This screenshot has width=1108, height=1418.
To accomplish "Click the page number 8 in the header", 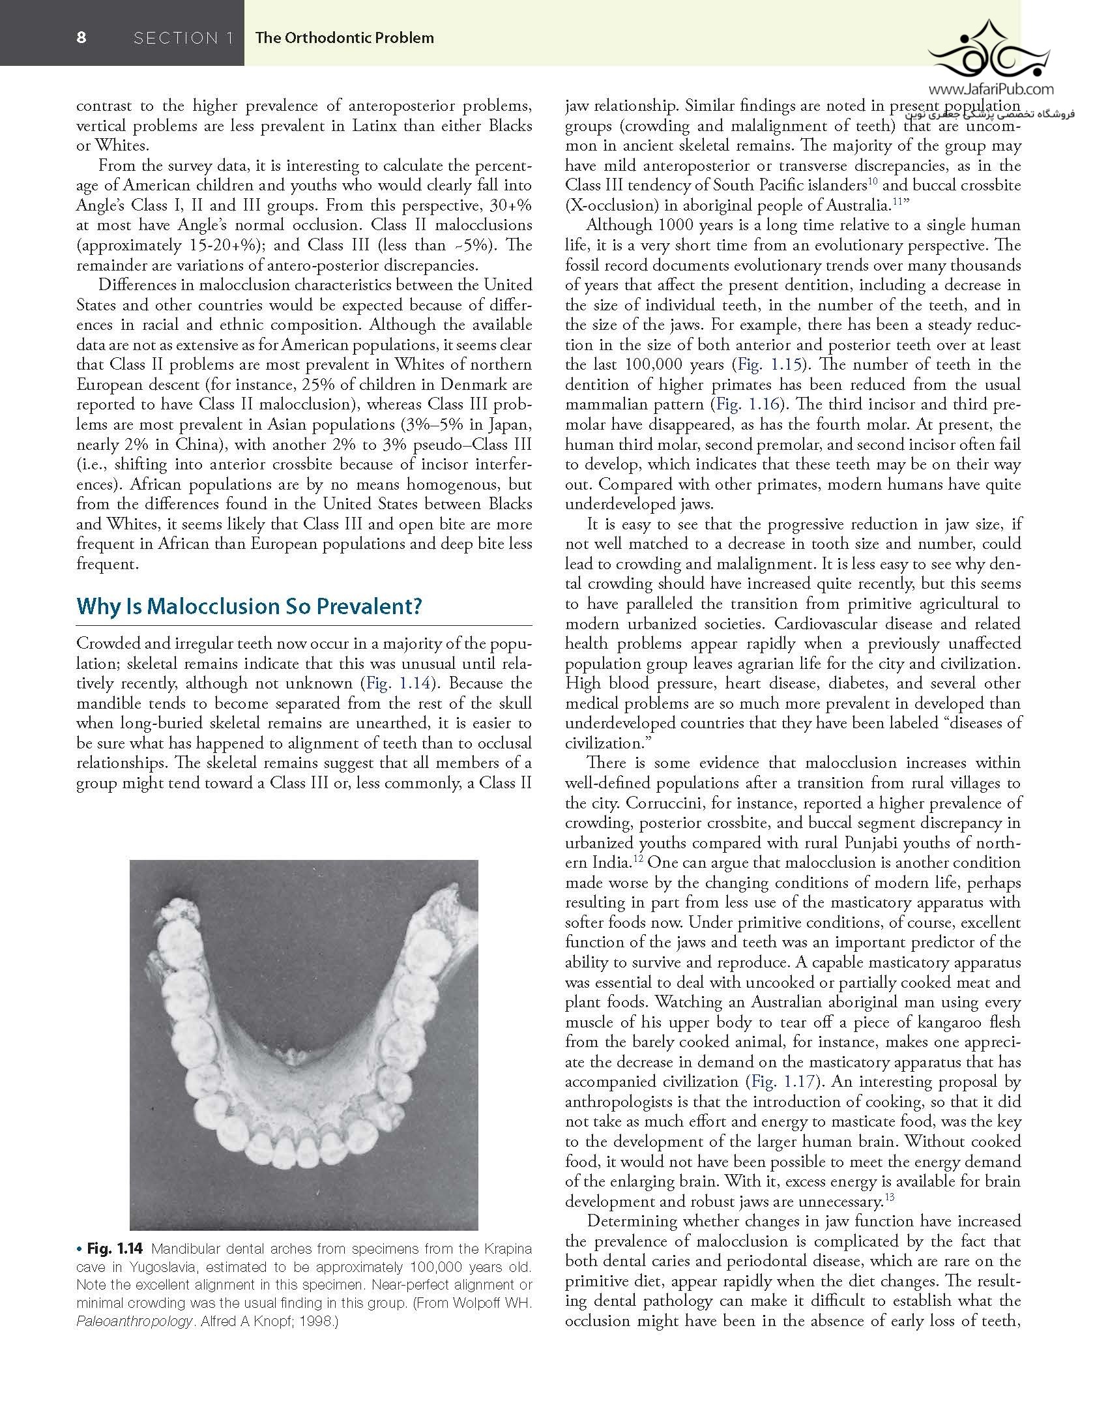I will tap(81, 38).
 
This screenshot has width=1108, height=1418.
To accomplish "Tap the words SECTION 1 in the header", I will tap(183, 38).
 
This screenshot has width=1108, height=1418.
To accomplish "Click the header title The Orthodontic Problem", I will tap(344, 38).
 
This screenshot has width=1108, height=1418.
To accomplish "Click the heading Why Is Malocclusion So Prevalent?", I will tap(249, 606).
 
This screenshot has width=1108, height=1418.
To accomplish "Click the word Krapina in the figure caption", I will tap(506, 1249).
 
